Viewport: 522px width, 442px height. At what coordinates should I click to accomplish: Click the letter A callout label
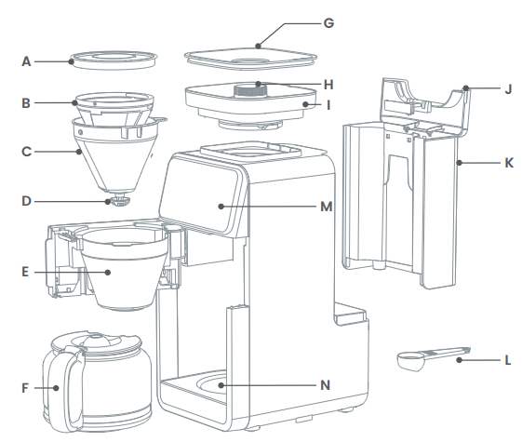click(27, 61)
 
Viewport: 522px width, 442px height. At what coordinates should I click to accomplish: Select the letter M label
click(326, 206)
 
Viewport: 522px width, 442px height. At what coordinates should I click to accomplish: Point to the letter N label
click(326, 384)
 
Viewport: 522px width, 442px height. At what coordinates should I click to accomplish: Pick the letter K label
click(508, 162)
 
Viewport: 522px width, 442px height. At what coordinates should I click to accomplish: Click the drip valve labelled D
click(118, 200)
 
